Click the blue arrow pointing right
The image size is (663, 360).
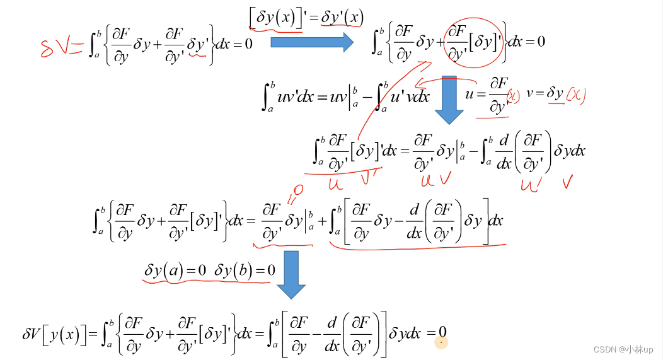pos(311,42)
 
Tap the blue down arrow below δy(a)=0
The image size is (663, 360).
pos(291,274)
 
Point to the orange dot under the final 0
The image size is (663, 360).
pos(441,342)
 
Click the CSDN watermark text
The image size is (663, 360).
pos(623,349)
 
